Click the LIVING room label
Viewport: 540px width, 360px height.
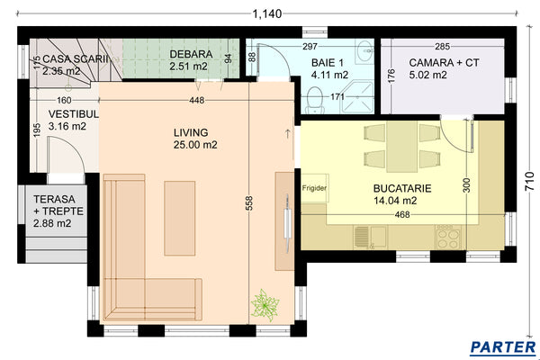coord(190,131)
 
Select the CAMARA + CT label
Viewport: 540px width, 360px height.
coord(442,62)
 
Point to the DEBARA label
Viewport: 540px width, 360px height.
coord(190,54)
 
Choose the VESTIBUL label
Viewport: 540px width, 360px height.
coord(67,114)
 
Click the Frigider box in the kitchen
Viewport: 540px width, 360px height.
coord(314,188)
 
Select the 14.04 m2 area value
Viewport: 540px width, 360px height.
coord(396,202)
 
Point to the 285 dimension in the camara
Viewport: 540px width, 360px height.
coord(442,46)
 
